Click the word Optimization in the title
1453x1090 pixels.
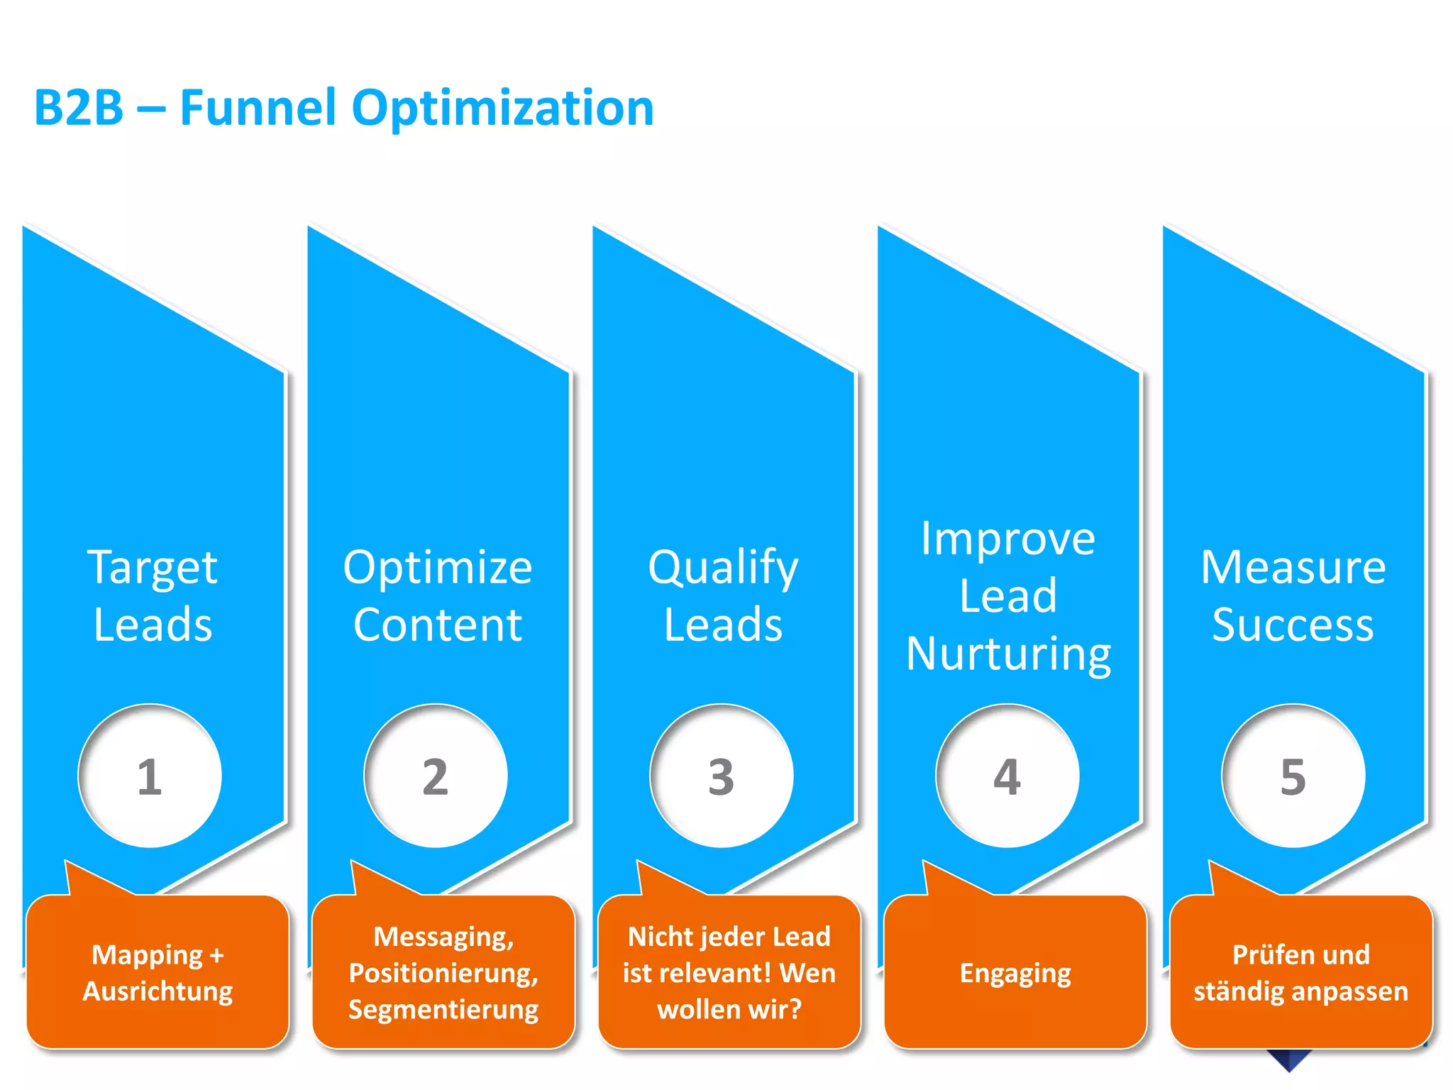502,109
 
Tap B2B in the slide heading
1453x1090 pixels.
79,108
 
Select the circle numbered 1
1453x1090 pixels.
150,776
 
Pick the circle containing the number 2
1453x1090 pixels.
436,776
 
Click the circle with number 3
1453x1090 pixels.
722,776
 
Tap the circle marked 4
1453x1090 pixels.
1007,776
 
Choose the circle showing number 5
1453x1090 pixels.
1293,776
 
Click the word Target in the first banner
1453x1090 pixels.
153,568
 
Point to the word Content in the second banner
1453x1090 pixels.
438,624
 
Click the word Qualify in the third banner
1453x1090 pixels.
723,568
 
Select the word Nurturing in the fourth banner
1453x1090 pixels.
1008,654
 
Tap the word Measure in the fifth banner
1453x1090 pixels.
1293,567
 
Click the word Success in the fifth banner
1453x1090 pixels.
1293,624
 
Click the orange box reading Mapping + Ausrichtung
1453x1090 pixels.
158,972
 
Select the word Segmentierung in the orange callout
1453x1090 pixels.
443,1009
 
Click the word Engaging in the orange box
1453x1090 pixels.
1015,974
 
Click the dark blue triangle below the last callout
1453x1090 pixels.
1289,1059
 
